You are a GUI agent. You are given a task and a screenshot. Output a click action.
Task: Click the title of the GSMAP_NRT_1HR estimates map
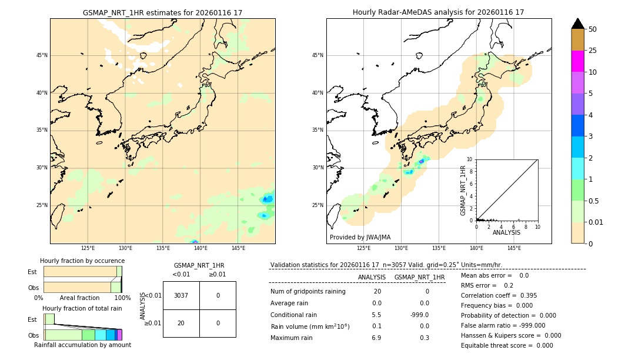162,12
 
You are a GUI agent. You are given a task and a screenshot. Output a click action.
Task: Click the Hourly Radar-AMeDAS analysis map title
438,12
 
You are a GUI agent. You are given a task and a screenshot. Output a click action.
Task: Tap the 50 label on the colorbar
593,29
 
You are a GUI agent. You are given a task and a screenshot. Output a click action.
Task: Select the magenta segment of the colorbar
578,61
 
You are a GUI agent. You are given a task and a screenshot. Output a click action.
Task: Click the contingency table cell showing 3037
181,295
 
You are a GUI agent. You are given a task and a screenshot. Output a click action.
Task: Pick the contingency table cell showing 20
181,323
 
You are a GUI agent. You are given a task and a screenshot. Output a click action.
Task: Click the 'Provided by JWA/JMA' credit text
360,238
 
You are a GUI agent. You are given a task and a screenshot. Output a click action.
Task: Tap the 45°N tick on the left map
42,55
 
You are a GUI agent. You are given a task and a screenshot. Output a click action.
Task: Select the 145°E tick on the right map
514,248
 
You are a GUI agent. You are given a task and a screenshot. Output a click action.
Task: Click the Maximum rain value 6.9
376,338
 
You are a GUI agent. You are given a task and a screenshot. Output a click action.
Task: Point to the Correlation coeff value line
499,295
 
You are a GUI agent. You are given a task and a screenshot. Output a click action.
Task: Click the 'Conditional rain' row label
295,315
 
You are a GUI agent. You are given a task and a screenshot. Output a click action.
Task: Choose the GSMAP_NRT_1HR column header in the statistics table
419,277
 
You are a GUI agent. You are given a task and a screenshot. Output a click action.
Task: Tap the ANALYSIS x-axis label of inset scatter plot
506,233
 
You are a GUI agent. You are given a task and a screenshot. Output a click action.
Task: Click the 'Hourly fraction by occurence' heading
82,261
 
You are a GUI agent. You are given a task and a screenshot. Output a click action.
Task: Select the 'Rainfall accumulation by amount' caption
82,345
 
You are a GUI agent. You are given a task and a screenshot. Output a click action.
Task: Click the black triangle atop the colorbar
578,24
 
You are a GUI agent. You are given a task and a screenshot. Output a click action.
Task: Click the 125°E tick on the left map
88,248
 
